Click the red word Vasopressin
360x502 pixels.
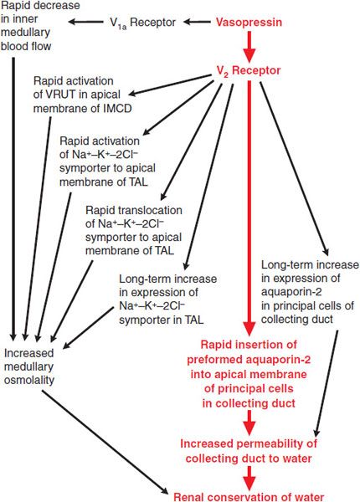click(249, 22)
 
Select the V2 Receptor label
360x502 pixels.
click(249, 71)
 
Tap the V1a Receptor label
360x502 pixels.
click(142, 23)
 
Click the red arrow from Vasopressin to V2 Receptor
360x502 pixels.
click(249, 46)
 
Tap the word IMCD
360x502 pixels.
click(117, 109)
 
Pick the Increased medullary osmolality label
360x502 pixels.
click(28, 366)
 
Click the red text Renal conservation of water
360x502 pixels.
click(249, 497)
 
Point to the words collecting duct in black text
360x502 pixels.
click(297, 320)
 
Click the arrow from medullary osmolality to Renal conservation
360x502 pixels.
click(105, 443)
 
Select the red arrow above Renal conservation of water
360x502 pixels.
click(249, 479)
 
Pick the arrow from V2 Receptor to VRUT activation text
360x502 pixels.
click(170, 85)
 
